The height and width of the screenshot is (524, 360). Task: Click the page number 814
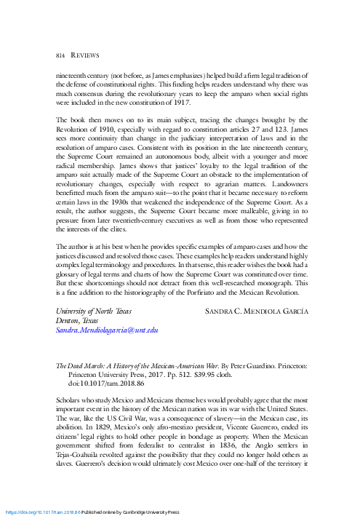62,55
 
